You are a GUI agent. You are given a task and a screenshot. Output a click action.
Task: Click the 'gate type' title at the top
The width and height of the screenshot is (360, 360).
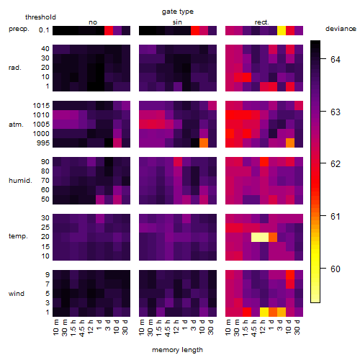178,12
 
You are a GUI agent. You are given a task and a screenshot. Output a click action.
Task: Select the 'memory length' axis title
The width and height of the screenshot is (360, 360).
177,350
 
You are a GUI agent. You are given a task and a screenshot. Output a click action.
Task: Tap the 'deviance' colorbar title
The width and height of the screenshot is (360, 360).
341,29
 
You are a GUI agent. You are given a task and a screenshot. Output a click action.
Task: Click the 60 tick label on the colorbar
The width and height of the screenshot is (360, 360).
336,269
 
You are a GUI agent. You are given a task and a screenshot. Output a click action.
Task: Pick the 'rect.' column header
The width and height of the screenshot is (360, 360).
261,22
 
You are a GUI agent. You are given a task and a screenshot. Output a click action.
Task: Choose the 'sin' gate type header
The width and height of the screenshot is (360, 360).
177,22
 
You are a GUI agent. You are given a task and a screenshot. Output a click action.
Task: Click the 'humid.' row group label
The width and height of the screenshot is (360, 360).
20,181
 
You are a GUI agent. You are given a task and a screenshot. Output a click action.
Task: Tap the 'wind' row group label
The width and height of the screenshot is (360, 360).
17,294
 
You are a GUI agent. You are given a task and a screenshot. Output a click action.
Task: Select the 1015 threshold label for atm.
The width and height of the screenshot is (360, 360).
41,106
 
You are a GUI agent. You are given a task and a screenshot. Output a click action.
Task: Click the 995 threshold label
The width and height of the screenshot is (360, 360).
43,143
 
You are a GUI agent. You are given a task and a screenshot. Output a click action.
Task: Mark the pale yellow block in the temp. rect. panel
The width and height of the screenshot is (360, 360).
260,237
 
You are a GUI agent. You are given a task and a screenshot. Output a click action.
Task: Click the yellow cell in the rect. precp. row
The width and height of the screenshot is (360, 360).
282,31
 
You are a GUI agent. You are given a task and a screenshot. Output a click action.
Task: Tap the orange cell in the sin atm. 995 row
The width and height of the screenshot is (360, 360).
204,143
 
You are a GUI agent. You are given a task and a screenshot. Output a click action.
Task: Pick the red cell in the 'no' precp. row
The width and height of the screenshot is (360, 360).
109,31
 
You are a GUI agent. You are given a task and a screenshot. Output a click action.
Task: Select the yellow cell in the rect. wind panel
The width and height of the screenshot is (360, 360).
264,312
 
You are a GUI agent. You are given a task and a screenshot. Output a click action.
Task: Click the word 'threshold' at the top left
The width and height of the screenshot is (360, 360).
40,17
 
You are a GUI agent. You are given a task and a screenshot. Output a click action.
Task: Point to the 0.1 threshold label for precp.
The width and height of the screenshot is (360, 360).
44,30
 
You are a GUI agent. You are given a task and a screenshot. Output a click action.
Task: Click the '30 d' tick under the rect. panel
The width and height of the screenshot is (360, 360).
297,327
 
